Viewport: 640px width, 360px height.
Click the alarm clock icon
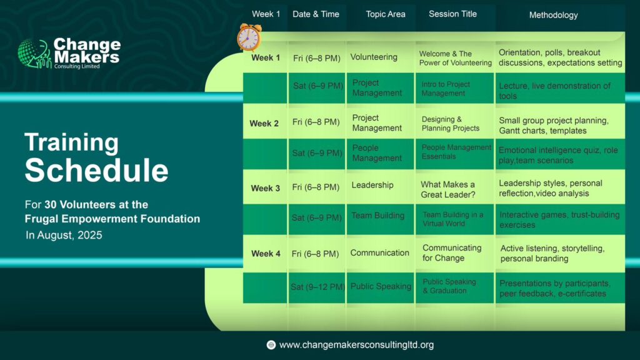249,37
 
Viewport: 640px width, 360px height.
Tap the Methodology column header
553,15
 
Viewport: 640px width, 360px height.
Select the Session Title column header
452,14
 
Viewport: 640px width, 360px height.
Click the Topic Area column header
385,14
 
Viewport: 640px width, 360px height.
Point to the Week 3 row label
265,188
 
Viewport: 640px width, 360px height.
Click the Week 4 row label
266,254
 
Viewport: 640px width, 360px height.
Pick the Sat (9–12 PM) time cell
317,287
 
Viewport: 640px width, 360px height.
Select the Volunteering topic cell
374,57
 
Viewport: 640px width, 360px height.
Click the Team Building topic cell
378,216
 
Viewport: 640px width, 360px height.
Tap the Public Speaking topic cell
381,286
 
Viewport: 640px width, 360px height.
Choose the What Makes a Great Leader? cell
447,189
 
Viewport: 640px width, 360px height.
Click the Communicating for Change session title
452,252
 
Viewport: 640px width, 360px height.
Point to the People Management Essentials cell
456,151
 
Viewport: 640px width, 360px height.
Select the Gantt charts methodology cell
554,125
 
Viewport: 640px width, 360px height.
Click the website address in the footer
356,345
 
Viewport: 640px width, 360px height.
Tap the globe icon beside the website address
271,345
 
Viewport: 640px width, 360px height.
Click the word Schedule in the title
96,170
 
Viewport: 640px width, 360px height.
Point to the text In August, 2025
64,235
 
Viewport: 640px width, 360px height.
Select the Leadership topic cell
372,185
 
